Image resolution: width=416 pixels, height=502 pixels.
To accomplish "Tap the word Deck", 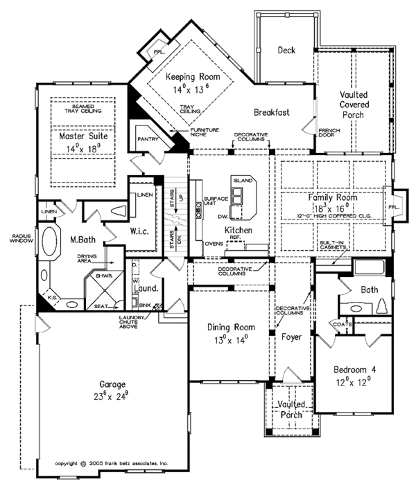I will click(286, 50).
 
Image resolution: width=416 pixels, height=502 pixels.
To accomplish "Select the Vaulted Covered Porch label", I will click(354, 104).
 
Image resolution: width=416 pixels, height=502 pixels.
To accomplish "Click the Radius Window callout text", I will click(18, 237).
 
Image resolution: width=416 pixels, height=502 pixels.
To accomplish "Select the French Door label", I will click(329, 133).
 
